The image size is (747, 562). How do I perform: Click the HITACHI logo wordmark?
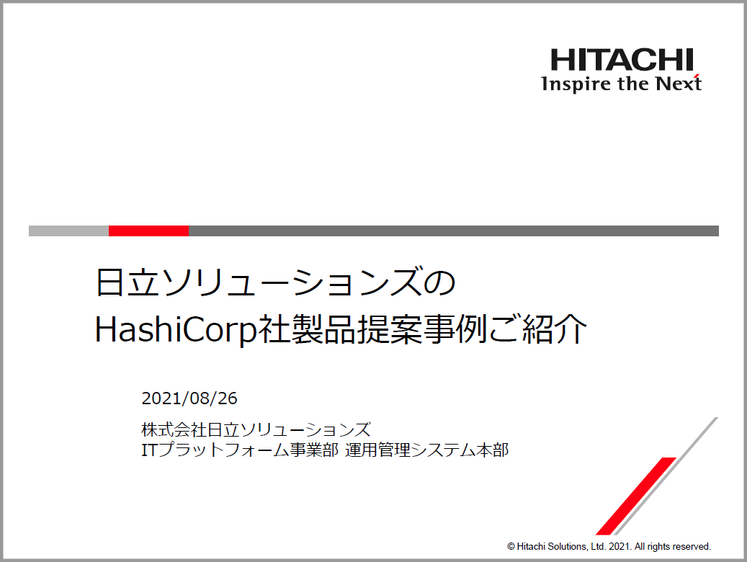tap(622, 60)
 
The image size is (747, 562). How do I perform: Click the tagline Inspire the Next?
tap(621, 84)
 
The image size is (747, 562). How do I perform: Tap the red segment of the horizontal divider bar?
tap(148, 231)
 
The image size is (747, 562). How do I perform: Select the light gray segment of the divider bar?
tap(68, 231)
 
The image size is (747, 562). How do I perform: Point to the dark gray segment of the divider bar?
tap(454, 231)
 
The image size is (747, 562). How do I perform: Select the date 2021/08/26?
tap(189, 398)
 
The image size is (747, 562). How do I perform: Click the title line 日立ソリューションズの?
tap(275, 282)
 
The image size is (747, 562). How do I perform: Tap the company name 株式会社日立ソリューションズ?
tap(256, 429)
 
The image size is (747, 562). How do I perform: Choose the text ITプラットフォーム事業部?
tap(240, 450)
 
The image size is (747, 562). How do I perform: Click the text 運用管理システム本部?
tap(427, 450)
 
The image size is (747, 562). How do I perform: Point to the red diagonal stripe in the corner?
tap(636, 496)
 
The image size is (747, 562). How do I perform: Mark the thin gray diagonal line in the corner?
tap(666, 476)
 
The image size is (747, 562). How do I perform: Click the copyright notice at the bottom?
tap(609, 546)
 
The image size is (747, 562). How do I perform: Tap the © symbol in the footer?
tap(511, 547)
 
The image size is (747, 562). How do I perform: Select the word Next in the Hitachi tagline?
tap(679, 84)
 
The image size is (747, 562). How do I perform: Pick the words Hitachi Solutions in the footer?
tap(552, 546)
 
